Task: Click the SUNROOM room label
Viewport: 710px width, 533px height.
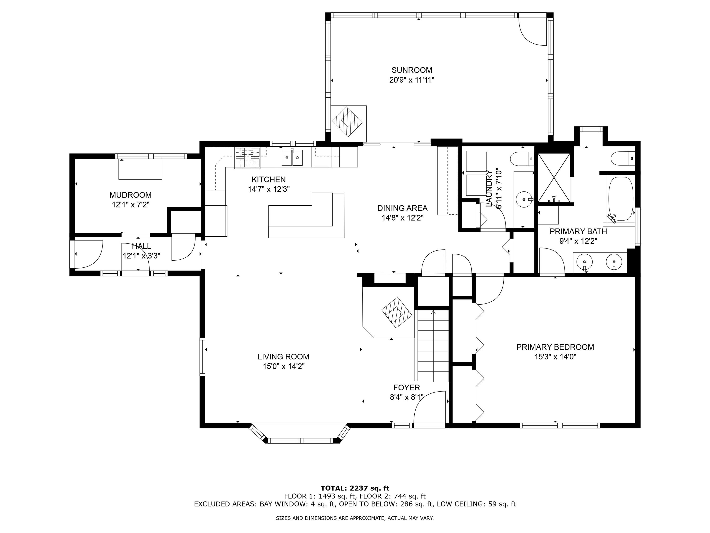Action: click(x=412, y=70)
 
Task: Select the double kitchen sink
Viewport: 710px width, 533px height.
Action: click(x=292, y=158)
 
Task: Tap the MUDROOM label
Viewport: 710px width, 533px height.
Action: click(x=130, y=195)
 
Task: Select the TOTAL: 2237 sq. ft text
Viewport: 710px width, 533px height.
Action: click(x=355, y=488)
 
